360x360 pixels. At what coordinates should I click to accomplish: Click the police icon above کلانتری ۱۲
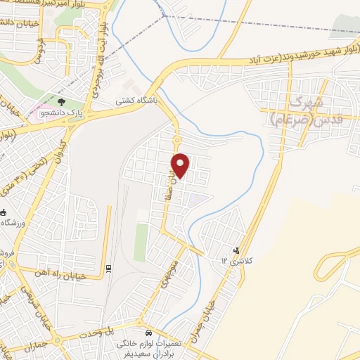[x=237, y=250]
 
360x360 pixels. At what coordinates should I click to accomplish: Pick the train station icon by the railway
[x=108, y=268]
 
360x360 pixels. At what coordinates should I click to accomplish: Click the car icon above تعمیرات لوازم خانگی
[x=148, y=332]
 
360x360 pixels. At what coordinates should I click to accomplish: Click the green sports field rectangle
[x=141, y=242]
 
